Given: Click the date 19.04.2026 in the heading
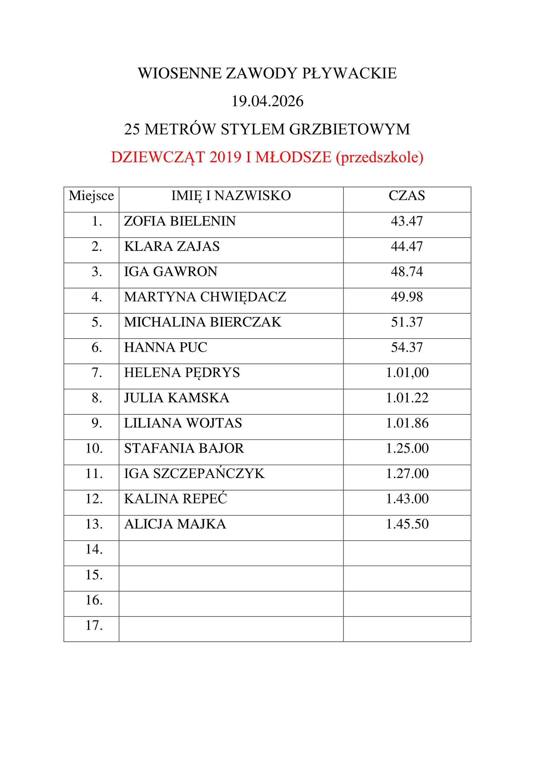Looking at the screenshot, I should tap(267, 101).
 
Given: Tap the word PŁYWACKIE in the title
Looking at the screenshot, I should tap(349, 74).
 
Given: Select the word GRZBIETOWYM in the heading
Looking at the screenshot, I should tap(349, 129).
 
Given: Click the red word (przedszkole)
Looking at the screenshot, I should tap(380, 157).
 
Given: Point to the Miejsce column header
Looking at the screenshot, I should tap(91, 196).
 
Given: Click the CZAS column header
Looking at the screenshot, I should tap(407, 196).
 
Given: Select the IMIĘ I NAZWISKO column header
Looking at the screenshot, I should tap(231, 196).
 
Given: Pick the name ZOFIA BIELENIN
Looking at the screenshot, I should tap(180, 221).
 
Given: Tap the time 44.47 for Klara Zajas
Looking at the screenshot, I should tap(407, 247).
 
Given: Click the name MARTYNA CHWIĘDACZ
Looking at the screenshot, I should tap(205, 297).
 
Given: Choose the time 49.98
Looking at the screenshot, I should tap(407, 297).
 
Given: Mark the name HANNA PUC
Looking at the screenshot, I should tap(166, 348).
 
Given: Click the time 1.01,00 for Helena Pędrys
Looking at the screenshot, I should tap(407, 373).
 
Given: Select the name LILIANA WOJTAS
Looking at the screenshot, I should tap(183, 423).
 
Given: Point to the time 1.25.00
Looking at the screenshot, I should tap(407, 448).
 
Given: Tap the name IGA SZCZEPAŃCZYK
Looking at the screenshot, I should tap(194, 474).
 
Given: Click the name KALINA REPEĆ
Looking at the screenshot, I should tap(176, 499).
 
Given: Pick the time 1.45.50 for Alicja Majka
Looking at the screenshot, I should tap(407, 524).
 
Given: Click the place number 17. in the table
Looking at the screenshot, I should tap(94, 625).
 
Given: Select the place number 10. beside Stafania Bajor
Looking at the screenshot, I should tap(94, 448).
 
